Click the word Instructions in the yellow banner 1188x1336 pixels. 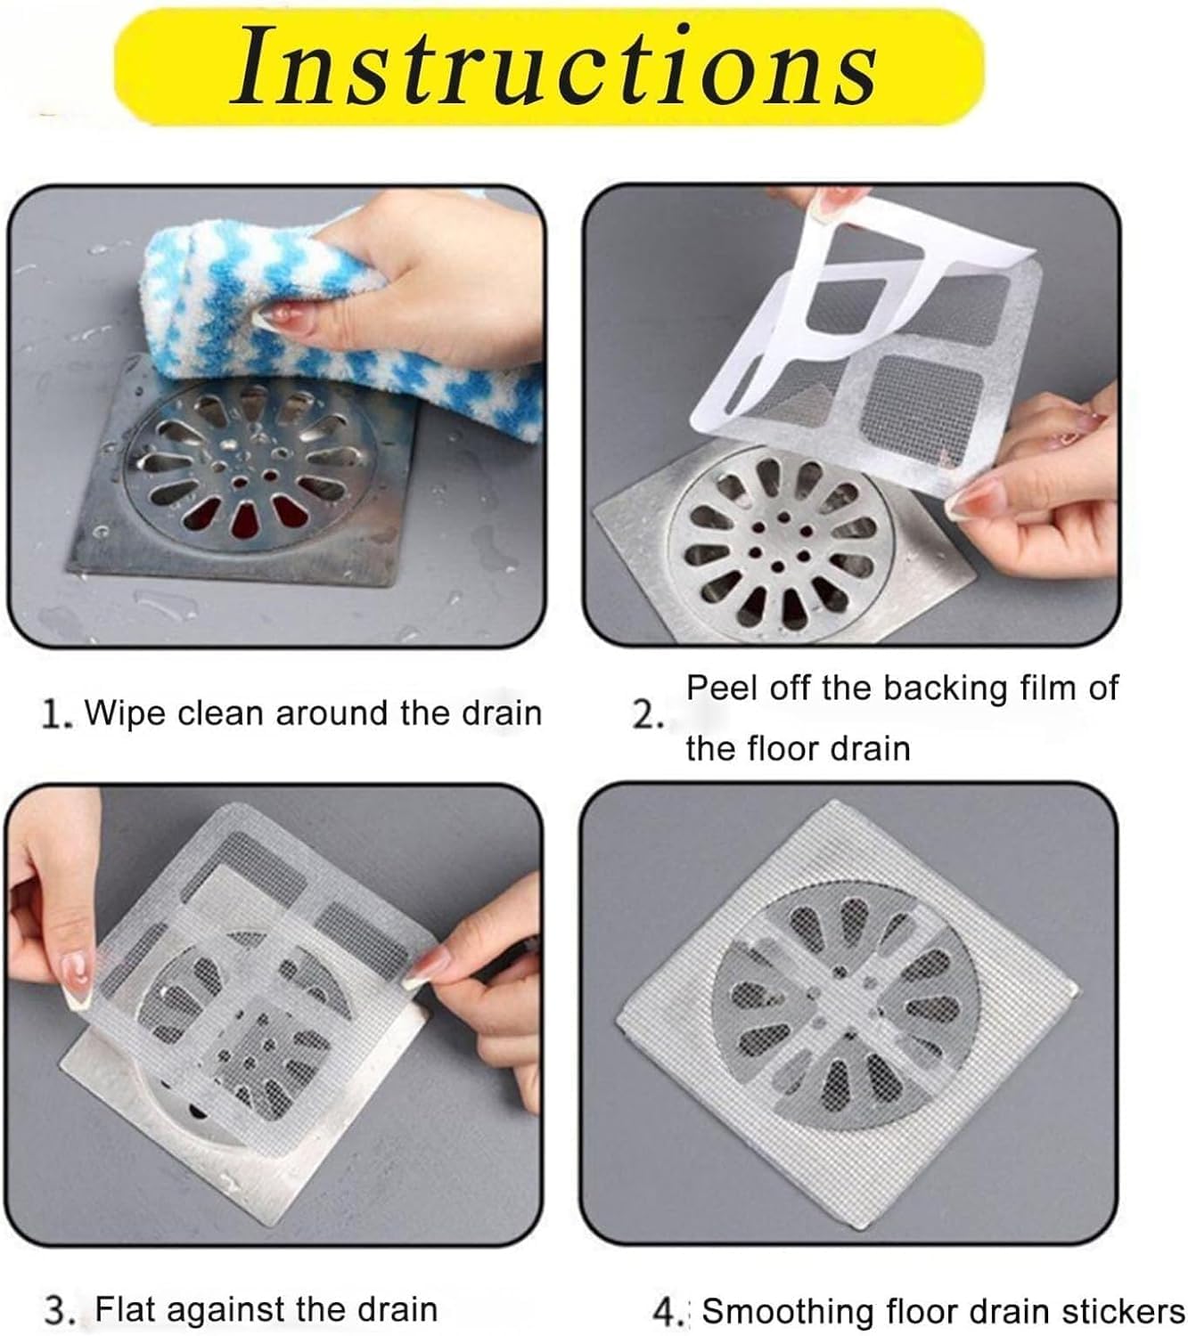[x=553, y=65]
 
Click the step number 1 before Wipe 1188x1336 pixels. [x=54, y=715]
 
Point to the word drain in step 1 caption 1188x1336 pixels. [x=501, y=713]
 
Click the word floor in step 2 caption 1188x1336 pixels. [x=785, y=749]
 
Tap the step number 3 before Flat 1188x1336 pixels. [x=60, y=1311]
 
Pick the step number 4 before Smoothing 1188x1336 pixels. [x=666, y=1312]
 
